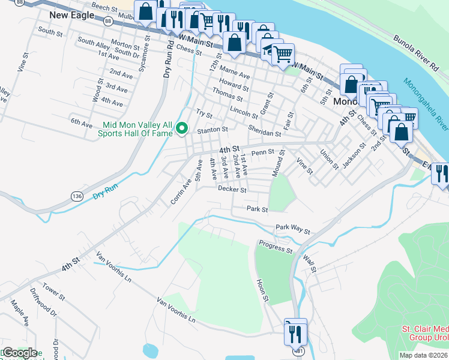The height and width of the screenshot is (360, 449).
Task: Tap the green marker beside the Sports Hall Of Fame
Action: coord(184,128)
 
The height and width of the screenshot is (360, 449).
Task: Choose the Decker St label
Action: coord(232,190)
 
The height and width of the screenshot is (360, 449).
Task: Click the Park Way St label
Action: coord(293,230)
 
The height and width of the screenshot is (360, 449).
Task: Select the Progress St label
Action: coord(275,246)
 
